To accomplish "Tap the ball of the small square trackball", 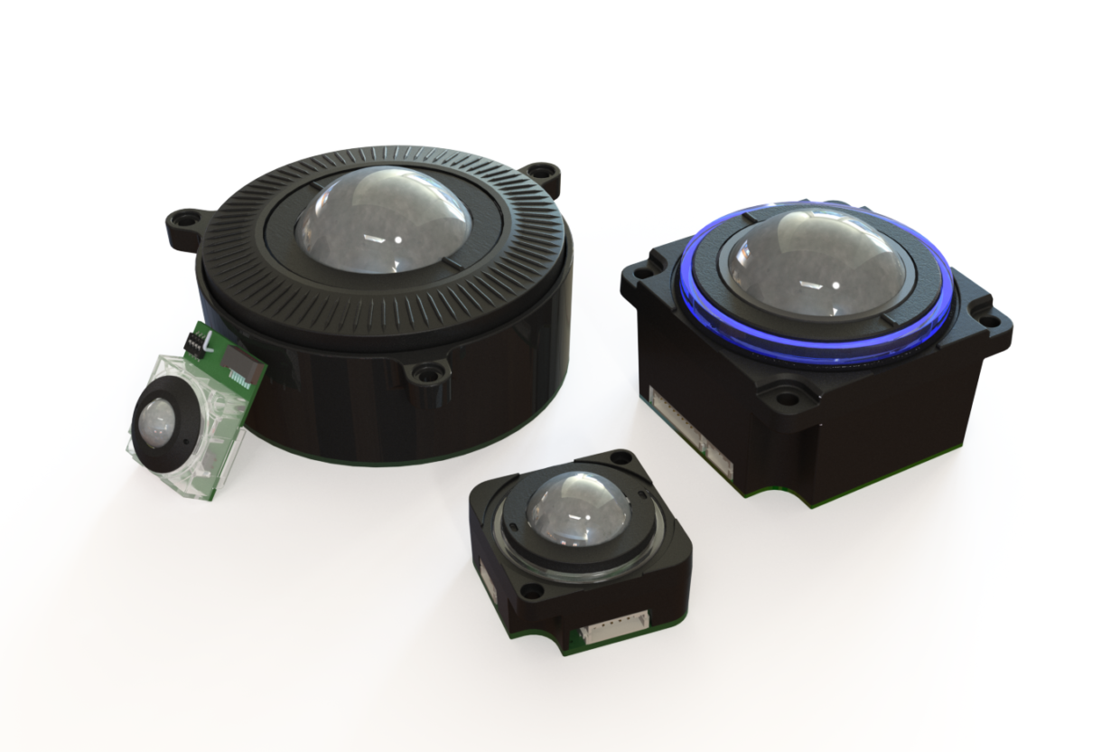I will click(x=578, y=510).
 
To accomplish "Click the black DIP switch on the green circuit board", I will click(x=192, y=341).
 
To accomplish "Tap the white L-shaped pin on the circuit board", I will click(x=210, y=342).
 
